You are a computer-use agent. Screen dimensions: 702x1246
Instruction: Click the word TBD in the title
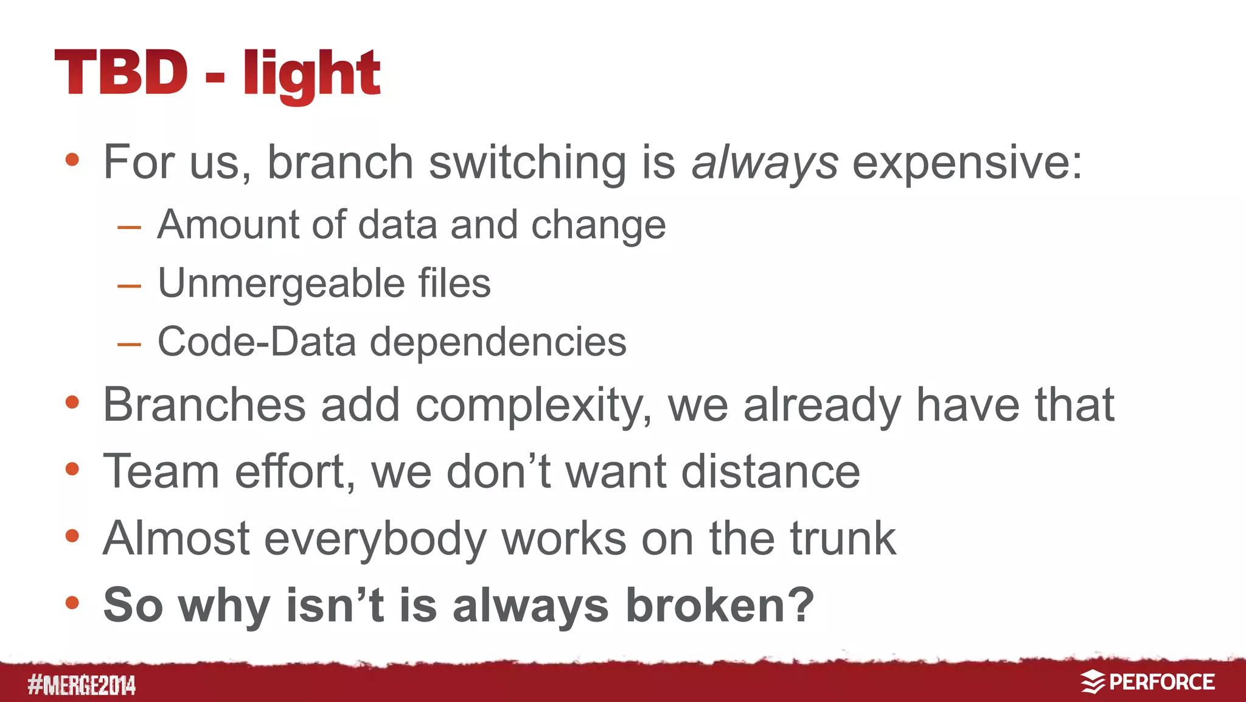[121, 72]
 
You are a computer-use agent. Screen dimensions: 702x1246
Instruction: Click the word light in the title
[311, 74]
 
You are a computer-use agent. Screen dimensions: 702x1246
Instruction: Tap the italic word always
[765, 163]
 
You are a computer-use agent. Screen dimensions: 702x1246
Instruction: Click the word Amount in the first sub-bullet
[228, 224]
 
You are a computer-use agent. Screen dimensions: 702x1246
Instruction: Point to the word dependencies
[498, 343]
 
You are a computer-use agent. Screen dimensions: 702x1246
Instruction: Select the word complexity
[533, 406]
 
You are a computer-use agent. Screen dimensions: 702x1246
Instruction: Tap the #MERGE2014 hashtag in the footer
[82, 685]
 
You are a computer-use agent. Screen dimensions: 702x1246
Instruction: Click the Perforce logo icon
[1092, 682]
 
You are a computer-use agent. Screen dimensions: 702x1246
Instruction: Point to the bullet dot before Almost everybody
[72, 536]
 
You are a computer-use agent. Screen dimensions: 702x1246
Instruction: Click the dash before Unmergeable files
[129, 286]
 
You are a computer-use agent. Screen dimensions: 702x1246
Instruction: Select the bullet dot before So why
[72, 603]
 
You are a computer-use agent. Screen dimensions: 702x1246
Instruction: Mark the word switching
[527, 163]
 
